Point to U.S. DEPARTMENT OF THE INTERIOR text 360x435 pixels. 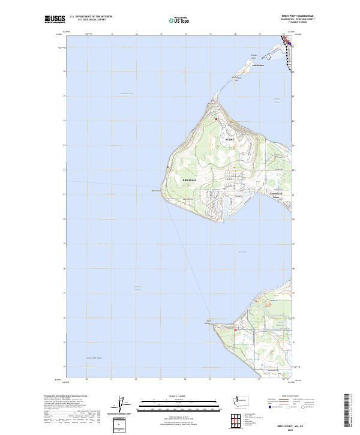coord(91,17)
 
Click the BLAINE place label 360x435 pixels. coord(229,139)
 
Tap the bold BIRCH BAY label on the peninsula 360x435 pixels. coord(189,180)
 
